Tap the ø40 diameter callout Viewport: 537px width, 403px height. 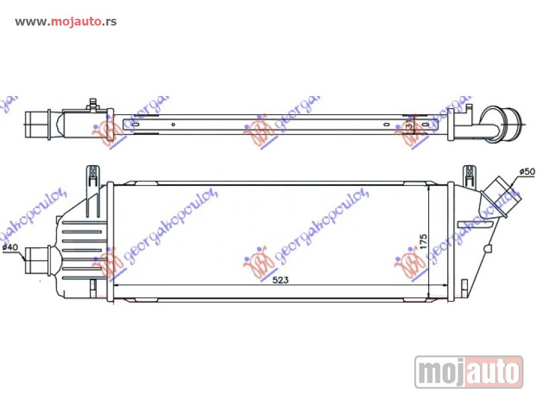10,248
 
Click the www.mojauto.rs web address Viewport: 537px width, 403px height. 66,21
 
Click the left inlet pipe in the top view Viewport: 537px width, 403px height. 37,122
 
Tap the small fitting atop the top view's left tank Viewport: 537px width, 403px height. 93,105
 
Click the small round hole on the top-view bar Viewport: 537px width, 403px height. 173,124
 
